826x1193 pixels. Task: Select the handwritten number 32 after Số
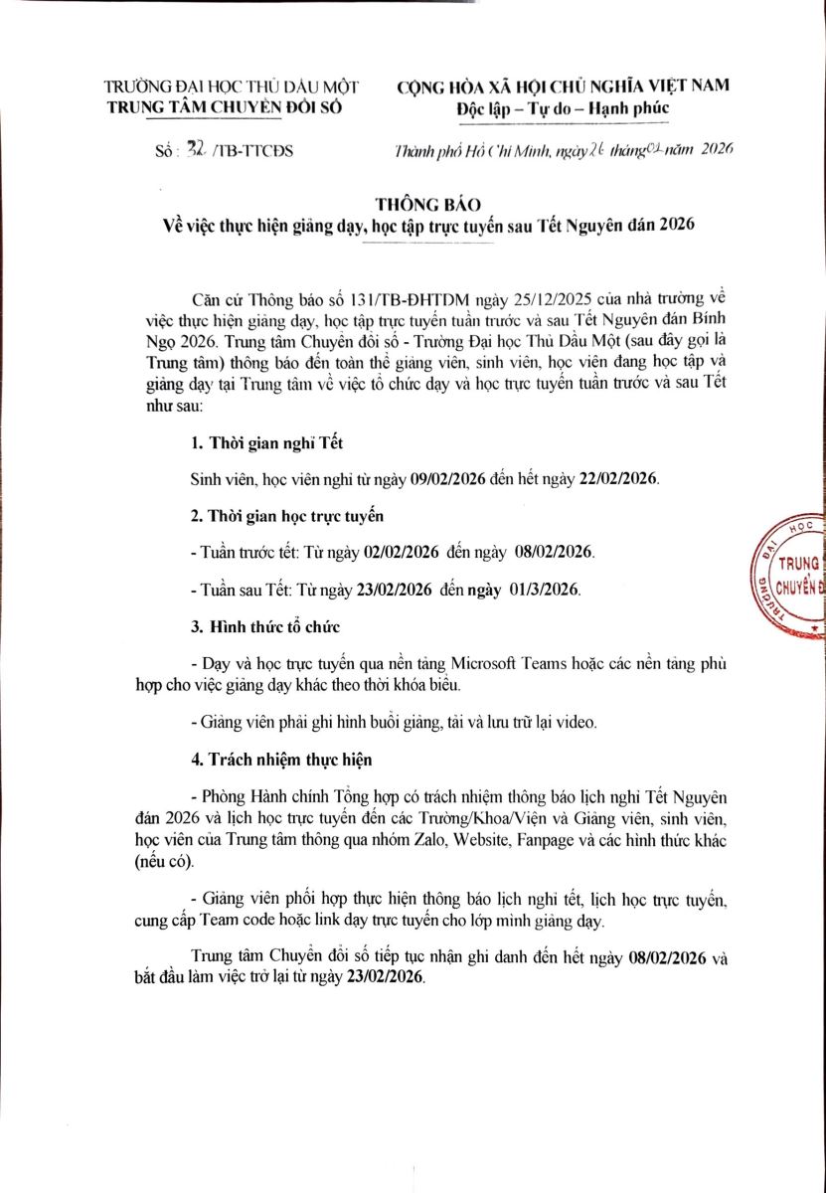coord(189,150)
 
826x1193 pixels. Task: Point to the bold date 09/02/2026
coord(447,479)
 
